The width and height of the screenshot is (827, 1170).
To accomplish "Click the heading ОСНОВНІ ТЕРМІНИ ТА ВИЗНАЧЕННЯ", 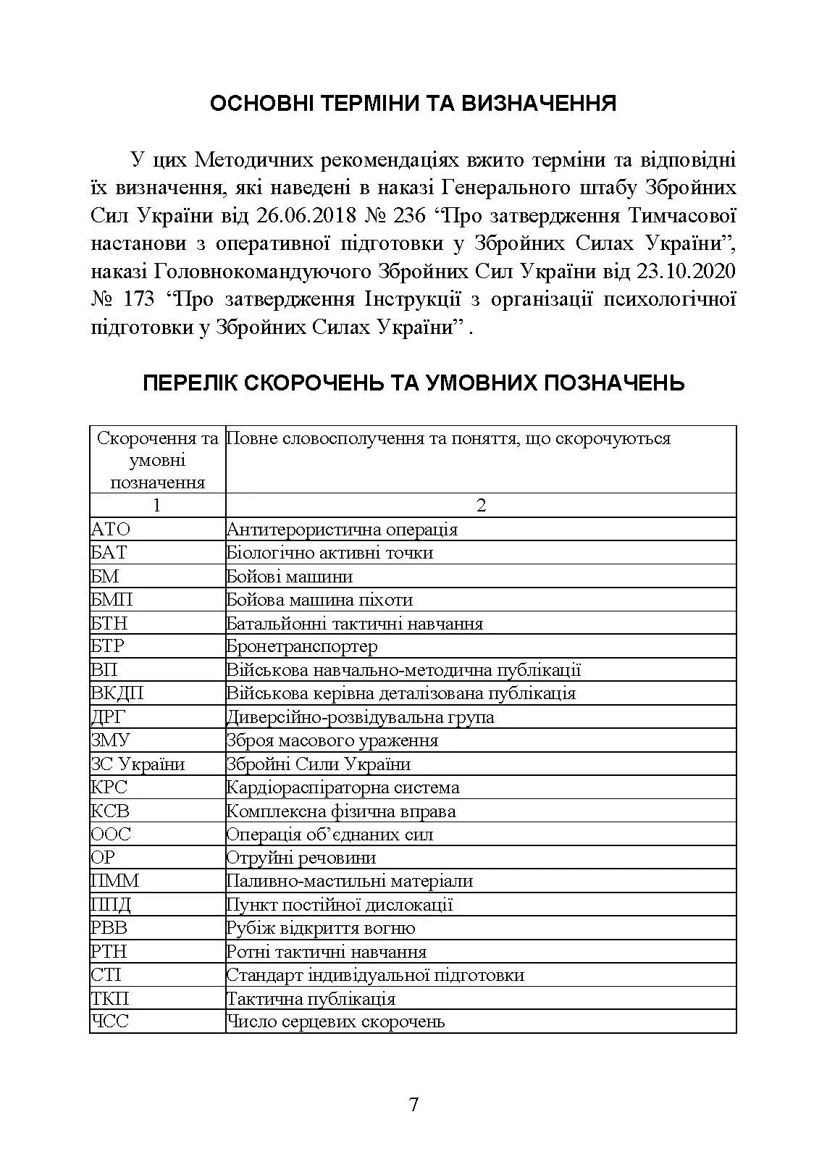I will (413, 104).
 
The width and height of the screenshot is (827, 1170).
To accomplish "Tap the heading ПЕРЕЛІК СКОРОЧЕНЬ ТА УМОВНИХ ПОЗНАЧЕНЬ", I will (413, 382).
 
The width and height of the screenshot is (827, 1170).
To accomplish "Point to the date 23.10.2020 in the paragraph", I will (686, 271).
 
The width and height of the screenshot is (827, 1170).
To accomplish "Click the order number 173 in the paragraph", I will (139, 299).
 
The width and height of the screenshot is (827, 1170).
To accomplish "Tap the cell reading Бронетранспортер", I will (302, 646).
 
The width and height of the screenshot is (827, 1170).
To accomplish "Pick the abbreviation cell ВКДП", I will (117, 693).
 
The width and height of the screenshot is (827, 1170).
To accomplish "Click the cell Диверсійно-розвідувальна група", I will (361, 717).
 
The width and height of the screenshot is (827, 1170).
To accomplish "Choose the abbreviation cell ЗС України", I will (138, 764).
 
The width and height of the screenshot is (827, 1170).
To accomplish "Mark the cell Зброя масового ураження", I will (332, 740).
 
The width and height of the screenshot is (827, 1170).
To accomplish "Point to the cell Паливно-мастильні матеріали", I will (350, 881).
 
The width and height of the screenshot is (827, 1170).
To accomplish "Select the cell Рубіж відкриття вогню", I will (321, 928).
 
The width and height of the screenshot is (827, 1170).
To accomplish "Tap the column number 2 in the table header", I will (481, 505).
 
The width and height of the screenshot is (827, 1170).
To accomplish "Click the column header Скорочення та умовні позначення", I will (157, 460).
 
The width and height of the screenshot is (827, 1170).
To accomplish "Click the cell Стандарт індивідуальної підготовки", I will (375, 975).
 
